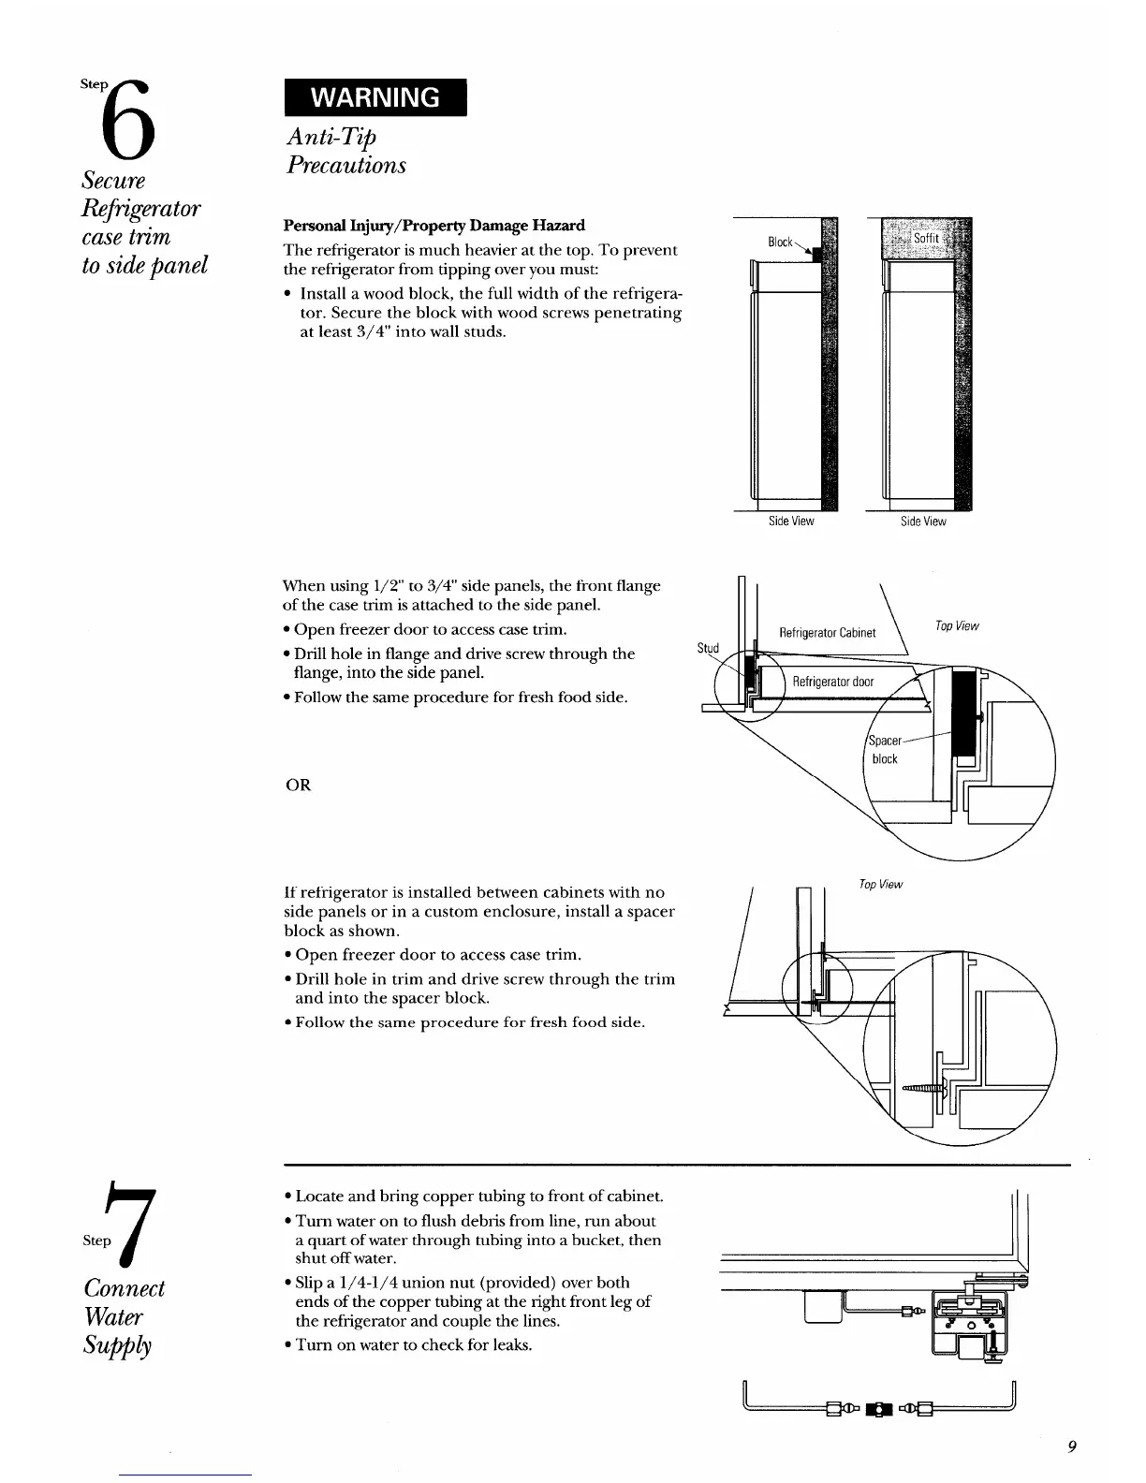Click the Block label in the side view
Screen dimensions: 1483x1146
pos(780,242)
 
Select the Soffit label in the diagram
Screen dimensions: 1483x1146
pos(925,238)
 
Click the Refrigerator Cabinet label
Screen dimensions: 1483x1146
pos(828,632)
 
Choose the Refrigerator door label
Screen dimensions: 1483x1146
pos(833,682)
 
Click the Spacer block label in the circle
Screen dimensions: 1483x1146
pos(885,749)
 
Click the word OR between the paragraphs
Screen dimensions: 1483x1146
pos(298,785)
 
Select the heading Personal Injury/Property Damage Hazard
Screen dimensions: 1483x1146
pos(433,226)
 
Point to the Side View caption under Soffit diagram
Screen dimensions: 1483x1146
pos(923,521)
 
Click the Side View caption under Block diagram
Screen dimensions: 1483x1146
pos(791,521)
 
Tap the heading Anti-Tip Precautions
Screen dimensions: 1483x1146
pos(345,151)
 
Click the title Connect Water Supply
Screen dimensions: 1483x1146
pos(125,1315)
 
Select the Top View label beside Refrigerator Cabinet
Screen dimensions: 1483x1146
pos(957,625)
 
